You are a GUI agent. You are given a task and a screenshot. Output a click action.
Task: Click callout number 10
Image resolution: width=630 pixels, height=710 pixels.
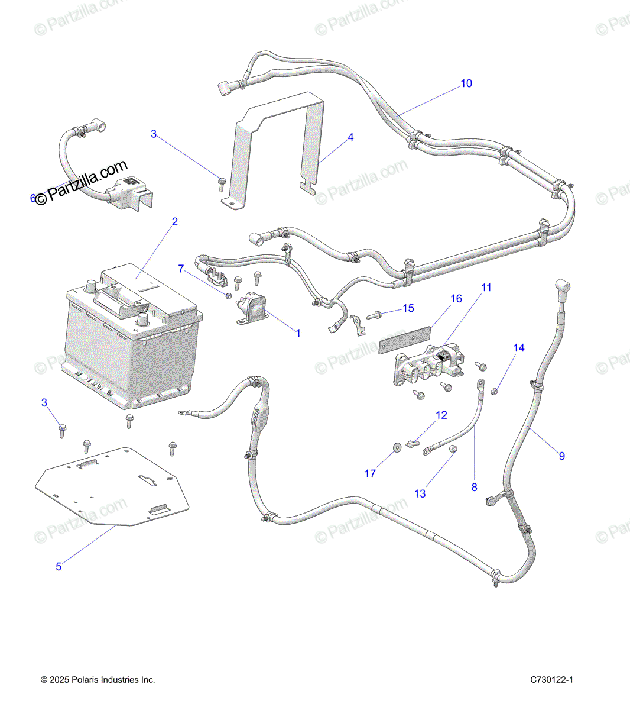tap(466, 83)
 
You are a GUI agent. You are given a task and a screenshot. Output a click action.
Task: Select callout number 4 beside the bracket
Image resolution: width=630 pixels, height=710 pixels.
tap(350, 137)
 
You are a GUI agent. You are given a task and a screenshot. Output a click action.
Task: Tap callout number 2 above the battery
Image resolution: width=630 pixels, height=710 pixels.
tap(174, 222)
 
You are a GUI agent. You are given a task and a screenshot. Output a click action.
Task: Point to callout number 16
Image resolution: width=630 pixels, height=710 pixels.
tap(456, 299)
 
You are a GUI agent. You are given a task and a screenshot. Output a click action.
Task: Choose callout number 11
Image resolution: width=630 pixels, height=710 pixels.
tap(486, 288)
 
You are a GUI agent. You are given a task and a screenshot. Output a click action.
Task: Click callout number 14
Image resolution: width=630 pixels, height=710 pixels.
tap(518, 348)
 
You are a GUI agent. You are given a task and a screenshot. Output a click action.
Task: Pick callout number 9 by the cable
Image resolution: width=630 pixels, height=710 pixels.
tap(561, 456)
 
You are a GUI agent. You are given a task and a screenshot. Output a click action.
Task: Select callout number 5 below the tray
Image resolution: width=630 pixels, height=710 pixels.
tap(59, 567)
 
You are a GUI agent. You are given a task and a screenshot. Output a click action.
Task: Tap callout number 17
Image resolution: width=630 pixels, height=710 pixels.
tap(370, 473)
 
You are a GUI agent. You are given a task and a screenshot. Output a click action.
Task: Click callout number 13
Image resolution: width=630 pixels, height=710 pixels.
tap(420, 493)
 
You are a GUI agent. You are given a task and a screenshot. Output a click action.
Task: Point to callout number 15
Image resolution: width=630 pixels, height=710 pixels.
tap(408, 308)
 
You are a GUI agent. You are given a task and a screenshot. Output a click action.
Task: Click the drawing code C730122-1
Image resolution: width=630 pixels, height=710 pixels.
tap(552, 680)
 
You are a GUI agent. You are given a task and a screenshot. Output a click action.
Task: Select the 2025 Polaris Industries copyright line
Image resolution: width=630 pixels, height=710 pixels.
tap(98, 680)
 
